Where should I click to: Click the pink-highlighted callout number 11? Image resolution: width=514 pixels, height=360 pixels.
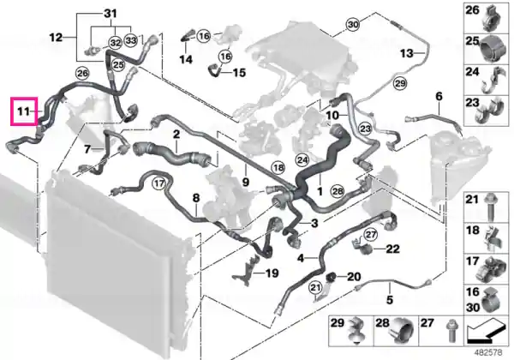pyautogui.click(x=24, y=111)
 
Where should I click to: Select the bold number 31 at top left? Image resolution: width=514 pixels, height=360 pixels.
pyautogui.click(x=111, y=14)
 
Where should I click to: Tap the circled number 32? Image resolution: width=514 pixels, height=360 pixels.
pyautogui.click(x=115, y=43)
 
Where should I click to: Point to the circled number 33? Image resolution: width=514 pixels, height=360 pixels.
pyautogui.click(x=131, y=40)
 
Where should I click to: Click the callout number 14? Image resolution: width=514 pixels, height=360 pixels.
pyautogui.click(x=186, y=59)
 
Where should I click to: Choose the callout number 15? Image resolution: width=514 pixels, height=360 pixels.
pyautogui.click(x=240, y=73)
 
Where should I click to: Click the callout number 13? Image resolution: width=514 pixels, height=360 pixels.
pyautogui.click(x=407, y=52)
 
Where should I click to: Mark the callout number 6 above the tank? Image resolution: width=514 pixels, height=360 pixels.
pyautogui.click(x=439, y=96)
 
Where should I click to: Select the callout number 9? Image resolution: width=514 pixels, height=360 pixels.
pyautogui.click(x=246, y=182)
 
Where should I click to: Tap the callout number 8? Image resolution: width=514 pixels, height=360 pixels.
pyautogui.click(x=195, y=198)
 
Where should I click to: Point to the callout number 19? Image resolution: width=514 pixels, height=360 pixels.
pyautogui.click(x=272, y=273)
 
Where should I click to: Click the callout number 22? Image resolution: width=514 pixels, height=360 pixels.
pyautogui.click(x=392, y=249)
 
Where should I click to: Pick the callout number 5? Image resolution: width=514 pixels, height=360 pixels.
pyautogui.click(x=390, y=299)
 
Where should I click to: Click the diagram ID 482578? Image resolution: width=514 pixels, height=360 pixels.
pyautogui.click(x=490, y=353)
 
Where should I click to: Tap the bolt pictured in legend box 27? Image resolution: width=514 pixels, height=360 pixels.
pyautogui.click(x=451, y=331)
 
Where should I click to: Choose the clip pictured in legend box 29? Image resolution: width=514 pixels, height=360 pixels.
pyautogui.click(x=356, y=331)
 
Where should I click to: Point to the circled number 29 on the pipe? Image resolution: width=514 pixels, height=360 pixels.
pyautogui.click(x=400, y=83)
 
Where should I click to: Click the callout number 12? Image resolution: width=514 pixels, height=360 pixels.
pyautogui.click(x=56, y=38)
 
